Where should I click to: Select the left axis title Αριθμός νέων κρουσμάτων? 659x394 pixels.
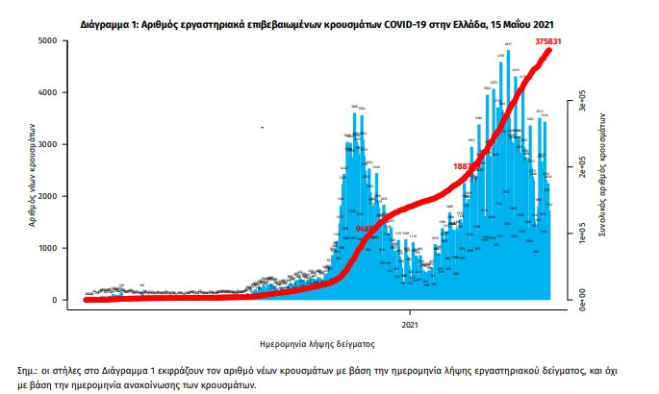(x=33, y=173)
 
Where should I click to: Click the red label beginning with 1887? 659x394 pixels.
(x=467, y=166)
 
